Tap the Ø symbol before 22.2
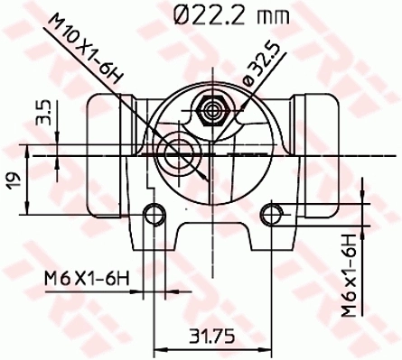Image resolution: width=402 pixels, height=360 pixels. pyautogui.click(x=180, y=15)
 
